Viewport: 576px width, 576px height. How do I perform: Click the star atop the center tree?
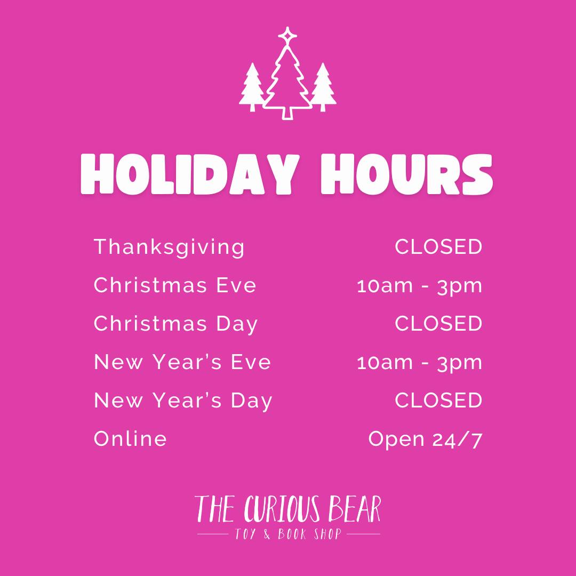(287, 36)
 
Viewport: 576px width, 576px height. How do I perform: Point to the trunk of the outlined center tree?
(287, 113)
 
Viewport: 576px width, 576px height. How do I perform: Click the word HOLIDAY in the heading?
(190, 174)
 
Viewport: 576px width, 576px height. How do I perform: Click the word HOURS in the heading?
(406, 174)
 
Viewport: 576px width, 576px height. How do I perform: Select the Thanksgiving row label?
(169, 247)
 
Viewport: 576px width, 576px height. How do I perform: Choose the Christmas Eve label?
(175, 285)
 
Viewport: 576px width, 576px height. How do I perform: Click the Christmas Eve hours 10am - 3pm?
(419, 286)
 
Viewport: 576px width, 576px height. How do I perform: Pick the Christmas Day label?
(175, 324)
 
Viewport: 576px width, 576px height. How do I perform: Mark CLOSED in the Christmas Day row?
(438, 323)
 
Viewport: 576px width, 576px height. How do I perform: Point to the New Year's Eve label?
(182, 362)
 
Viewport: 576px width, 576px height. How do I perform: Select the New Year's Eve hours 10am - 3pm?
(419, 363)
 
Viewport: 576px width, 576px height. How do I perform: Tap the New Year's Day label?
(183, 401)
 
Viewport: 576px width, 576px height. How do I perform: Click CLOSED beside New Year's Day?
(438, 400)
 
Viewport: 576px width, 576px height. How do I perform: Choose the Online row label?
(130, 438)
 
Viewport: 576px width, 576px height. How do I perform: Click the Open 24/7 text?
(425, 439)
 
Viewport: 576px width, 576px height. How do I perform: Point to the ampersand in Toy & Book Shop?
(267, 534)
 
